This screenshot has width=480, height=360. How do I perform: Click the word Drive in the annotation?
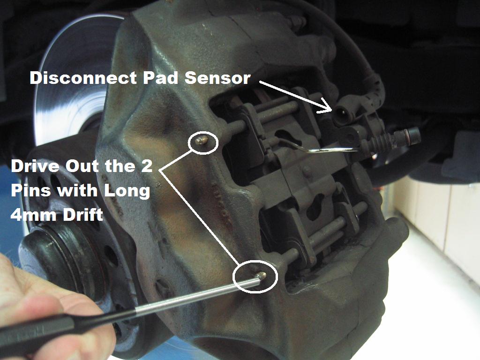coord(35,166)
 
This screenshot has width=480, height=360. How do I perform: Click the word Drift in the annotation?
coord(82,215)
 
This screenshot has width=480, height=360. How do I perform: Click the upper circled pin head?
coord(202,141)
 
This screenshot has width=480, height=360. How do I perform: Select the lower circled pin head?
coord(261,276)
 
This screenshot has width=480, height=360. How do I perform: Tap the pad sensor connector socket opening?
coord(342,112)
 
